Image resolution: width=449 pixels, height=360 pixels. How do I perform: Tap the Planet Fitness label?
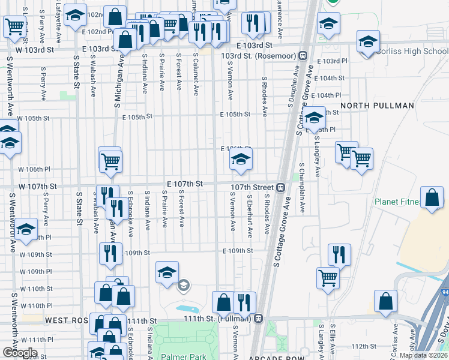coord(399,202)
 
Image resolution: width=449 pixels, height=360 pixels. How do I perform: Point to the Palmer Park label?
coord(183,356)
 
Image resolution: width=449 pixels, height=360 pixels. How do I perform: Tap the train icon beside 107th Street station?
coord(280,187)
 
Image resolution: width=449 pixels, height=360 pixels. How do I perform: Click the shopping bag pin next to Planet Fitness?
coord(432,198)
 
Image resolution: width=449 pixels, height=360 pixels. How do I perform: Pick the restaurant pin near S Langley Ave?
coord(339,254)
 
